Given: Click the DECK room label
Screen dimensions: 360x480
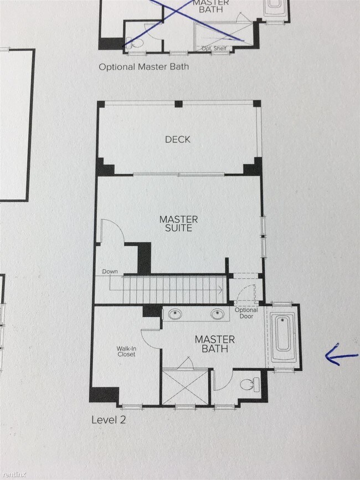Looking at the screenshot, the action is pos(178,140).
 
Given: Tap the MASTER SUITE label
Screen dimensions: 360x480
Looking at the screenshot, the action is pos(178,224).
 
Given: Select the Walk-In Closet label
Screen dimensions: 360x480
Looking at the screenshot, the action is pos(126,352).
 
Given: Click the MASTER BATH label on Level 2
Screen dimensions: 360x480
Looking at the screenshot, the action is pos(215,344).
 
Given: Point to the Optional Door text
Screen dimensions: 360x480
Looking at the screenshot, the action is pos(246,313).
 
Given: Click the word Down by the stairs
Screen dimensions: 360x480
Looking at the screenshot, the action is pos(110,271).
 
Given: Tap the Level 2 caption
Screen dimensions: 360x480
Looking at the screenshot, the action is pos(109,420).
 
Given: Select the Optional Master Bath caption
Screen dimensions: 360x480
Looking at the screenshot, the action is pos(144,67).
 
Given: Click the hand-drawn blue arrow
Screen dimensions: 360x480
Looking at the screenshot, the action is pos(341,355).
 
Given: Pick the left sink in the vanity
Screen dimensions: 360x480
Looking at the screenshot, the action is pos(175,314).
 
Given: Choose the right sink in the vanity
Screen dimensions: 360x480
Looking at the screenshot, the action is pos(217,314).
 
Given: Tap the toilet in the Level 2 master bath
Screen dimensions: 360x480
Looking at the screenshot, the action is pos(250,384).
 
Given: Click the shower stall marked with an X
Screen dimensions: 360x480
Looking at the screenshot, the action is pos(185,387).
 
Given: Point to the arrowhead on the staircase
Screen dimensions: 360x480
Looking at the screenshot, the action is pos(220,289).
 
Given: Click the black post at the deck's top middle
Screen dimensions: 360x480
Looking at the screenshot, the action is pos(178,104).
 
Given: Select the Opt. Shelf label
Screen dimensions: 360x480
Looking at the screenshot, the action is pos(214,48).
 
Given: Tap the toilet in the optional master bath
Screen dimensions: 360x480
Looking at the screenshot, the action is pos(135,43).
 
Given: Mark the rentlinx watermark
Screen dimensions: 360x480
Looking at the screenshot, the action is pos(13,474).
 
